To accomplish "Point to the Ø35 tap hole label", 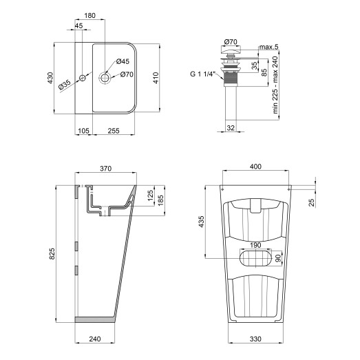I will click(x=64, y=85).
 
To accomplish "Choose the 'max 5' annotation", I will click(x=269, y=47).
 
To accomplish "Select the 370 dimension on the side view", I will click(x=105, y=169).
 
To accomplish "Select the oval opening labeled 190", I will click(x=255, y=258).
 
